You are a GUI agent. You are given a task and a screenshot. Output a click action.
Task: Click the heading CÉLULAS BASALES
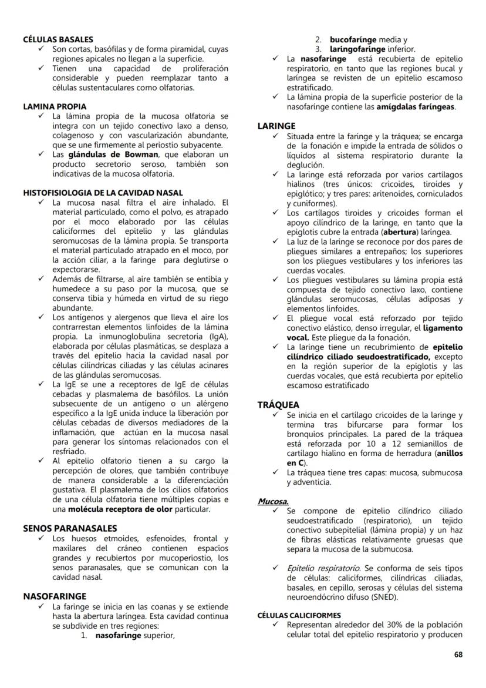click(58, 39)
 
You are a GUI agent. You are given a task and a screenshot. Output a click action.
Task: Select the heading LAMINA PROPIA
click(55, 106)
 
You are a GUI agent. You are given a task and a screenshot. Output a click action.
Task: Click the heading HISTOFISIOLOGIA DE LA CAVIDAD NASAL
click(103, 193)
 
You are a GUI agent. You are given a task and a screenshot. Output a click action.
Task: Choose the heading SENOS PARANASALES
click(69, 528)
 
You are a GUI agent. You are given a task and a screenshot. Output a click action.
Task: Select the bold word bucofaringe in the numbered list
click(353, 39)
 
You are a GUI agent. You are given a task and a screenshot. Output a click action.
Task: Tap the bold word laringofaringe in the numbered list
click(357, 49)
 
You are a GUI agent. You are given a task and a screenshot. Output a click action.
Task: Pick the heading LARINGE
click(276, 126)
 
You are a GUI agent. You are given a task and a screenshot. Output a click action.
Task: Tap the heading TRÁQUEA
click(278, 405)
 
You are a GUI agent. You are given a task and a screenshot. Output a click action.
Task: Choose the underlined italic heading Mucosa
click(273, 501)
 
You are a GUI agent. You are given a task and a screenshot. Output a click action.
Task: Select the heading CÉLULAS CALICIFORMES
click(299, 615)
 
